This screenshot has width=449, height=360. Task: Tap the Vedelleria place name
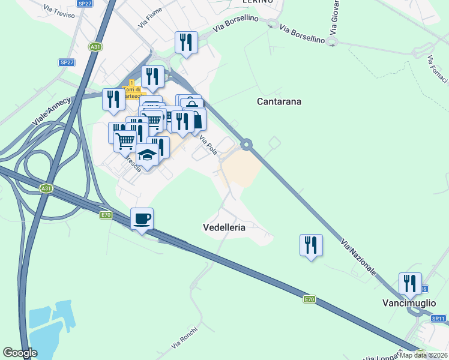tap(224, 227)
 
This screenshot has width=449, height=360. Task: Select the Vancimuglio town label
tap(409, 303)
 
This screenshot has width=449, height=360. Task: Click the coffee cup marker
tap(142, 220)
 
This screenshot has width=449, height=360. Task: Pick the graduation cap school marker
tap(147, 155)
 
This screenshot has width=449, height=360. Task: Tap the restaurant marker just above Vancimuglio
tap(410, 284)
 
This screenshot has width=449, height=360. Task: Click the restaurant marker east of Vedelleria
tap(311, 245)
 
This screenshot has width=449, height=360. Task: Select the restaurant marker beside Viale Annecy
tap(113, 100)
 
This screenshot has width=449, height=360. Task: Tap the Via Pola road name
tap(208, 146)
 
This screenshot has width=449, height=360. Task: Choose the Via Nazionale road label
tap(359, 257)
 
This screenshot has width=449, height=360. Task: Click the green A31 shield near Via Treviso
tap(95, 46)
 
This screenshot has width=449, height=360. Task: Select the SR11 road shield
tap(439, 319)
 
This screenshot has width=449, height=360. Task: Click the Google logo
tap(20, 353)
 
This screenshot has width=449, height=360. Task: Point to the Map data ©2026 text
tap(423, 355)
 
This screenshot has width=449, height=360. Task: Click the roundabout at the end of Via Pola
tap(246, 144)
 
